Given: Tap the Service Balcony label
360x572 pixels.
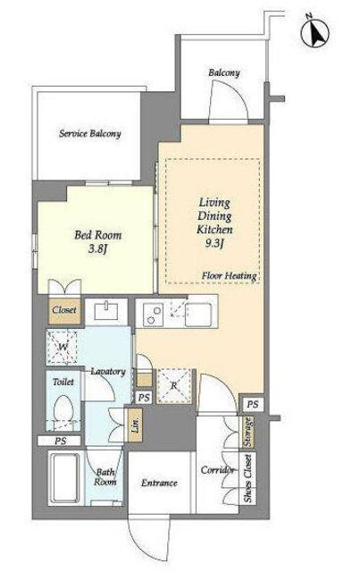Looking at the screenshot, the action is [89, 133].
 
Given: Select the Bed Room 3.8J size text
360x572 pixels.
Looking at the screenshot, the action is [97, 249].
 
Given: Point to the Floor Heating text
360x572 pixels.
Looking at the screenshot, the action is [230, 276].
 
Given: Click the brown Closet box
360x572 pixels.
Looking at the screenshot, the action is [64, 311].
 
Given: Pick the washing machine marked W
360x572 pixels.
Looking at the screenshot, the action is [62, 347].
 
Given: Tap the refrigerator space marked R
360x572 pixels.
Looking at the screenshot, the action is [174, 386].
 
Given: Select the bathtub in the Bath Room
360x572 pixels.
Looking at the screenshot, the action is [65, 478].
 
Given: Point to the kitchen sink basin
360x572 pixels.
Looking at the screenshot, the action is [198, 315].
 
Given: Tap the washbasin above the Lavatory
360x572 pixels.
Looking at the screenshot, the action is [106, 311].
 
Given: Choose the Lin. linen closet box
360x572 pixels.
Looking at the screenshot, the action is [135, 425].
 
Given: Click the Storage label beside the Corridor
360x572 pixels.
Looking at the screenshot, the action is [248, 433].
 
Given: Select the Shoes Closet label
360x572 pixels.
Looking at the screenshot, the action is [248, 479].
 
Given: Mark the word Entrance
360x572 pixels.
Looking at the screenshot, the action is [159, 483].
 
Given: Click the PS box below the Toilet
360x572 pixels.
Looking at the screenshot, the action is [60, 441].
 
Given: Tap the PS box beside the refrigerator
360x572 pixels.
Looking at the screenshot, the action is [145, 397].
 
